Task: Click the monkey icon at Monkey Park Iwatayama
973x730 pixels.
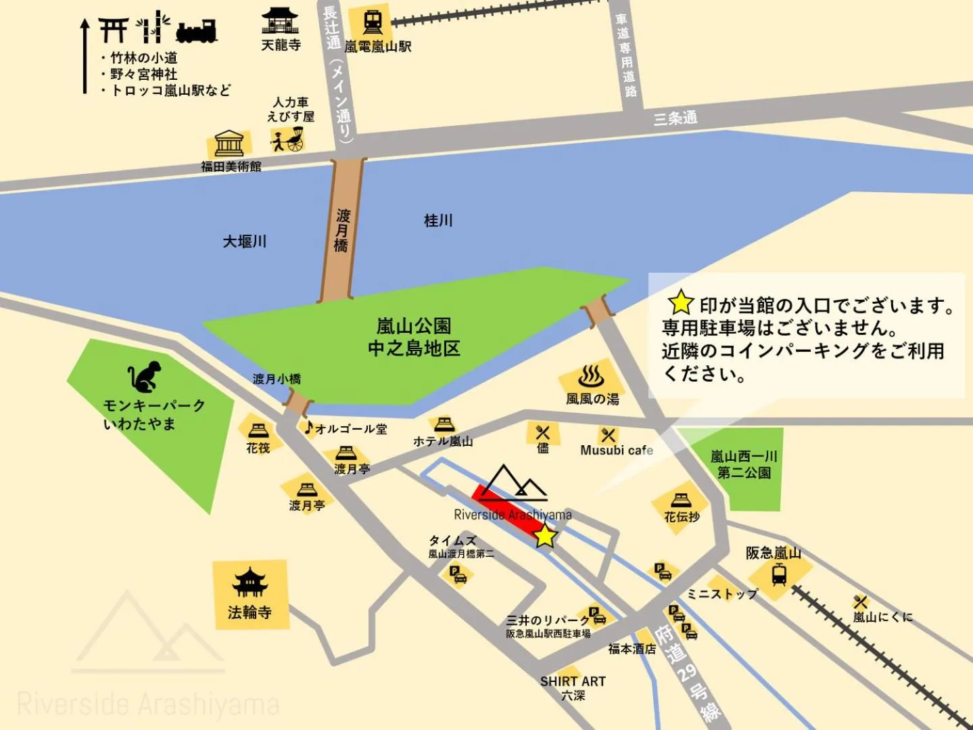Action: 145,377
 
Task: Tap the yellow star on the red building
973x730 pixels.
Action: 545,536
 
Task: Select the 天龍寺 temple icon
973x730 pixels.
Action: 280,21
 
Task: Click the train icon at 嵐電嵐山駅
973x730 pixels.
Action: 373,22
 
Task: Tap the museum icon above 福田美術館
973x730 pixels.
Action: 229,143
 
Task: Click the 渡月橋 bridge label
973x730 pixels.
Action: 342,230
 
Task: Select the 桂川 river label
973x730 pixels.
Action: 438,221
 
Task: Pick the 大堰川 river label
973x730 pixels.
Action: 245,242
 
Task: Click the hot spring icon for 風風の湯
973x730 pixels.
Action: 591,376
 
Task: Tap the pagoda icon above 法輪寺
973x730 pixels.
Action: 250,583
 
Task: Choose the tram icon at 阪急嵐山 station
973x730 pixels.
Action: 779,575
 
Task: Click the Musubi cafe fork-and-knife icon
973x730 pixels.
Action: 608,434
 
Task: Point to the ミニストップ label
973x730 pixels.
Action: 721,594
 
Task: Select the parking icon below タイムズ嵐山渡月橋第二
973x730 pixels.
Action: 458,574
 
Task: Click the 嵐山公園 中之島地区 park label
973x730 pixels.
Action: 414,337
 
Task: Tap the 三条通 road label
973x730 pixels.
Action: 675,118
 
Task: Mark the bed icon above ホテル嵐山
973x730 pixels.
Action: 444,424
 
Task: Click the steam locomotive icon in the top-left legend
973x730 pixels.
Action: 196,30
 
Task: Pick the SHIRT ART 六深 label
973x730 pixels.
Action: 573,688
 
